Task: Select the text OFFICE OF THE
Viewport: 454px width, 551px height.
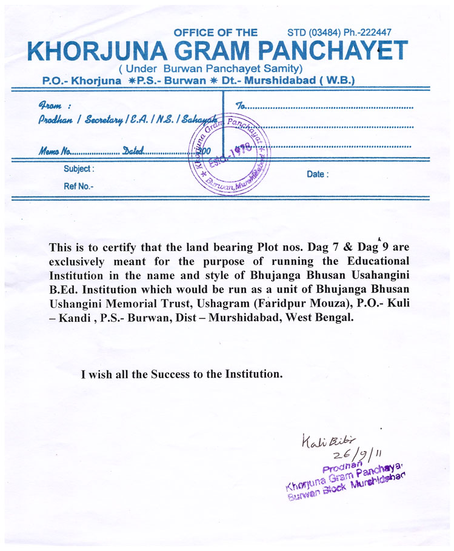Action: click(215, 33)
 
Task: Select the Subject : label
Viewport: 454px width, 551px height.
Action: click(79, 169)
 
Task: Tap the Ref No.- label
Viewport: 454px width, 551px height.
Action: click(79, 186)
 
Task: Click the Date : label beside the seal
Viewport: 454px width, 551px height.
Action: click(318, 175)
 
